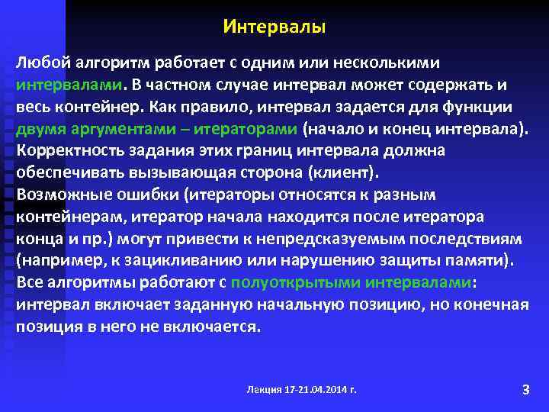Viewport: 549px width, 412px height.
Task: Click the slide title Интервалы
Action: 274,27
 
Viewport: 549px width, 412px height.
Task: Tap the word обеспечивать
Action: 67,172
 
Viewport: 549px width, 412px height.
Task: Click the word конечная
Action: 497,304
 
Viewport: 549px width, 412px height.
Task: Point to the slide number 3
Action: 525,390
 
